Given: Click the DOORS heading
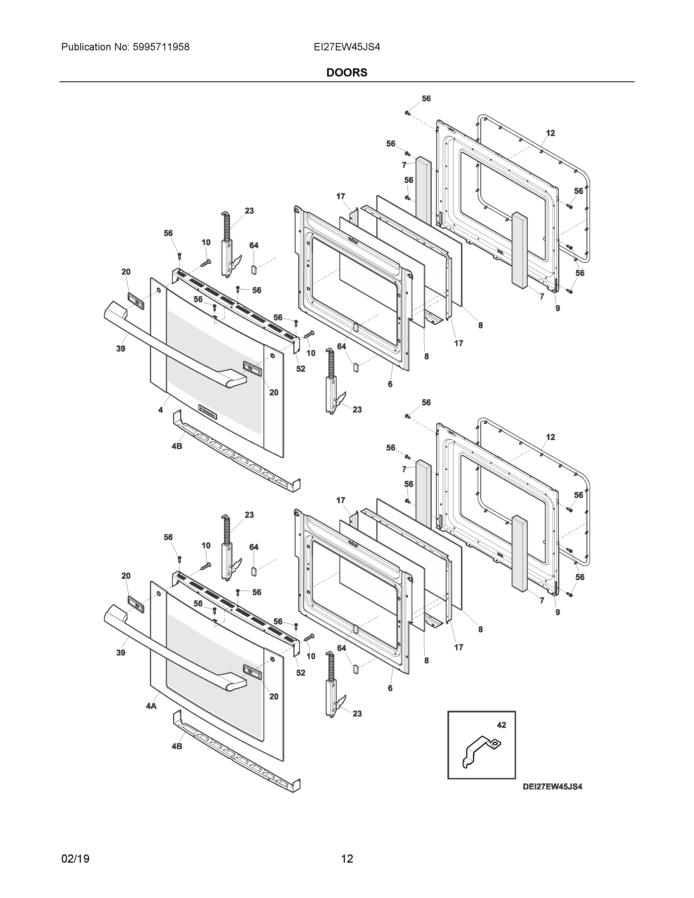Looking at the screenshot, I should tap(346, 72).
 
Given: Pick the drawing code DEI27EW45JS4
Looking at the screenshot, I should tap(552, 787).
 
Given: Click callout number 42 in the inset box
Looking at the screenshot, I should tap(501, 725).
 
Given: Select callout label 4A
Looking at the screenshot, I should tap(151, 706).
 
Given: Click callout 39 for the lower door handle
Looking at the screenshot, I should tap(121, 653).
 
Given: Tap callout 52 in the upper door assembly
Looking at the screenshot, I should tap(300, 369).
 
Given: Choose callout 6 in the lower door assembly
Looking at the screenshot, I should tap(390, 688).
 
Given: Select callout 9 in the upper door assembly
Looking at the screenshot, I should tap(557, 308).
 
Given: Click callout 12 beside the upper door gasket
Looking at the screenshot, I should tap(551, 133).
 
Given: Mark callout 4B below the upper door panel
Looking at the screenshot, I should tap(177, 446).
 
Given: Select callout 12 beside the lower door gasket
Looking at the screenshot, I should tap(551, 437).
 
